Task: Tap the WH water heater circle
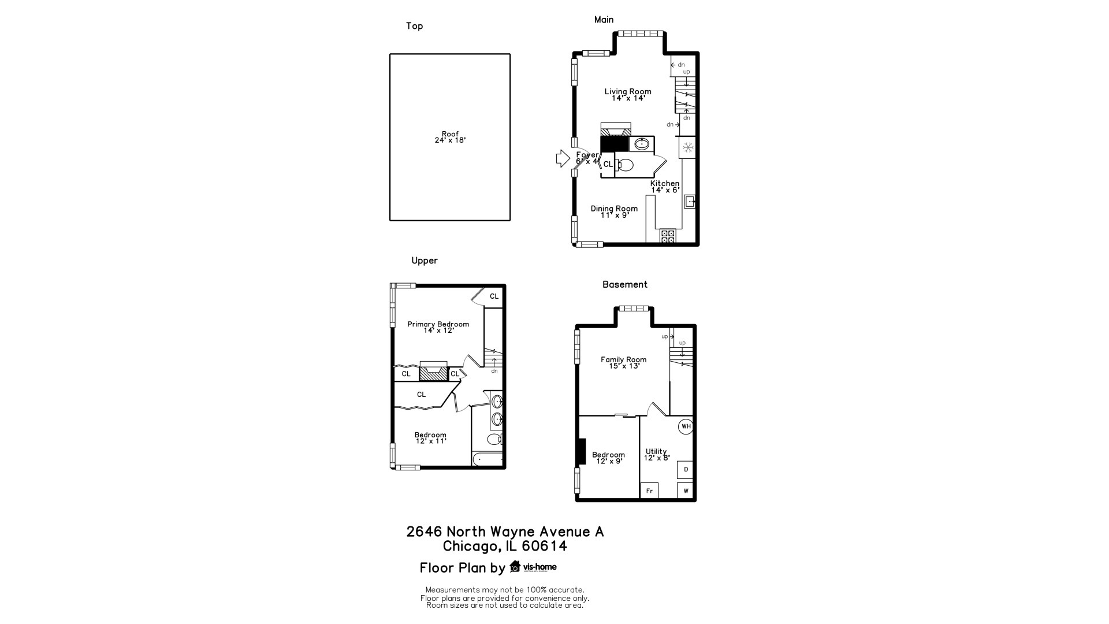tap(686, 426)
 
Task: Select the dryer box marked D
tap(686, 469)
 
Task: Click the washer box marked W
tap(686, 491)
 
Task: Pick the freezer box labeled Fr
tap(649, 491)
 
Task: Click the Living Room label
tap(628, 91)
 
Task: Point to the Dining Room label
tap(614, 209)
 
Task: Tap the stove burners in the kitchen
tap(668, 236)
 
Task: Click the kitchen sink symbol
tap(689, 202)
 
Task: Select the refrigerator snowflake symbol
tap(688, 147)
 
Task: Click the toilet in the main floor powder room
tap(624, 165)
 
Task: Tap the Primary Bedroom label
tap(438, 324)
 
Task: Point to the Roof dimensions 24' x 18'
tap(450, 140)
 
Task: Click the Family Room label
tap(623, 359)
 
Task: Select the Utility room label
tap(656, 451)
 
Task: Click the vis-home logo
tap(533, 567)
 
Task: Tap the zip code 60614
tap(545, 546)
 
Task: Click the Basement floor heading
tap(624, 284)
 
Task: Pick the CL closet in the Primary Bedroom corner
tap(494, 296)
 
